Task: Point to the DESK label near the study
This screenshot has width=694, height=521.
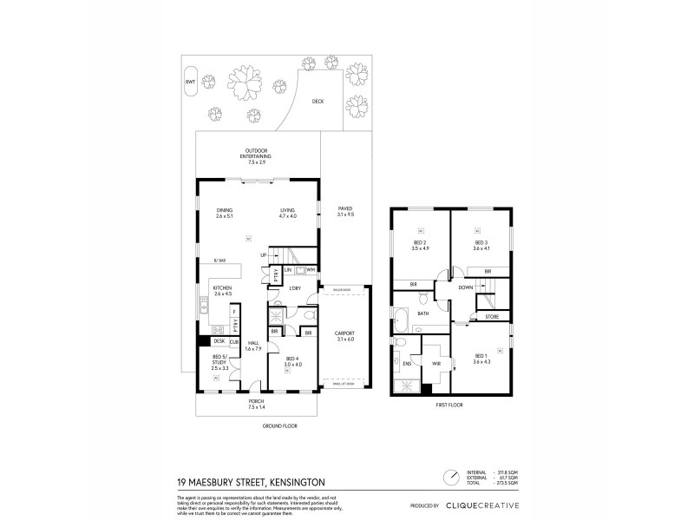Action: click(219, 342)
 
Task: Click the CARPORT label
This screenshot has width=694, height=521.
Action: click(344, 334)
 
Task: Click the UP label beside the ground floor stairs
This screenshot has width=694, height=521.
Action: click(263, 255)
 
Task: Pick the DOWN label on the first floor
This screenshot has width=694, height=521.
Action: click(465, 287)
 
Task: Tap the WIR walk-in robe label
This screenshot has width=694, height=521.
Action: click(436, 364)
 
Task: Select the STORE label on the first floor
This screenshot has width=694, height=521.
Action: click(492, 318)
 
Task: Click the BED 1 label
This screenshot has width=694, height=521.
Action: click(481, 358)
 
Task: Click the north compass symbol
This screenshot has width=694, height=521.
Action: click(451, 475)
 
